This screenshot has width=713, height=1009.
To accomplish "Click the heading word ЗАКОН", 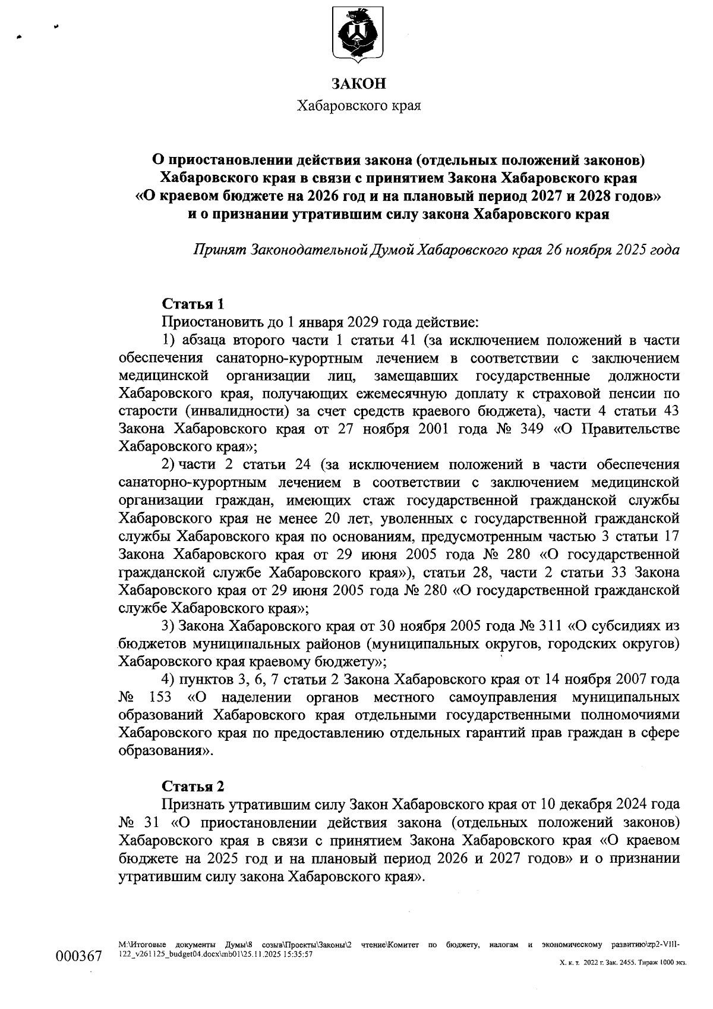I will pyautogui.click(x=358, y=83).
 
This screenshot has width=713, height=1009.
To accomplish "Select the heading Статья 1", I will pyautogui.click(x=193, y=304).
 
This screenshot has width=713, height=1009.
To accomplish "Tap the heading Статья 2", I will pyautogui.click(x=193, y=786).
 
